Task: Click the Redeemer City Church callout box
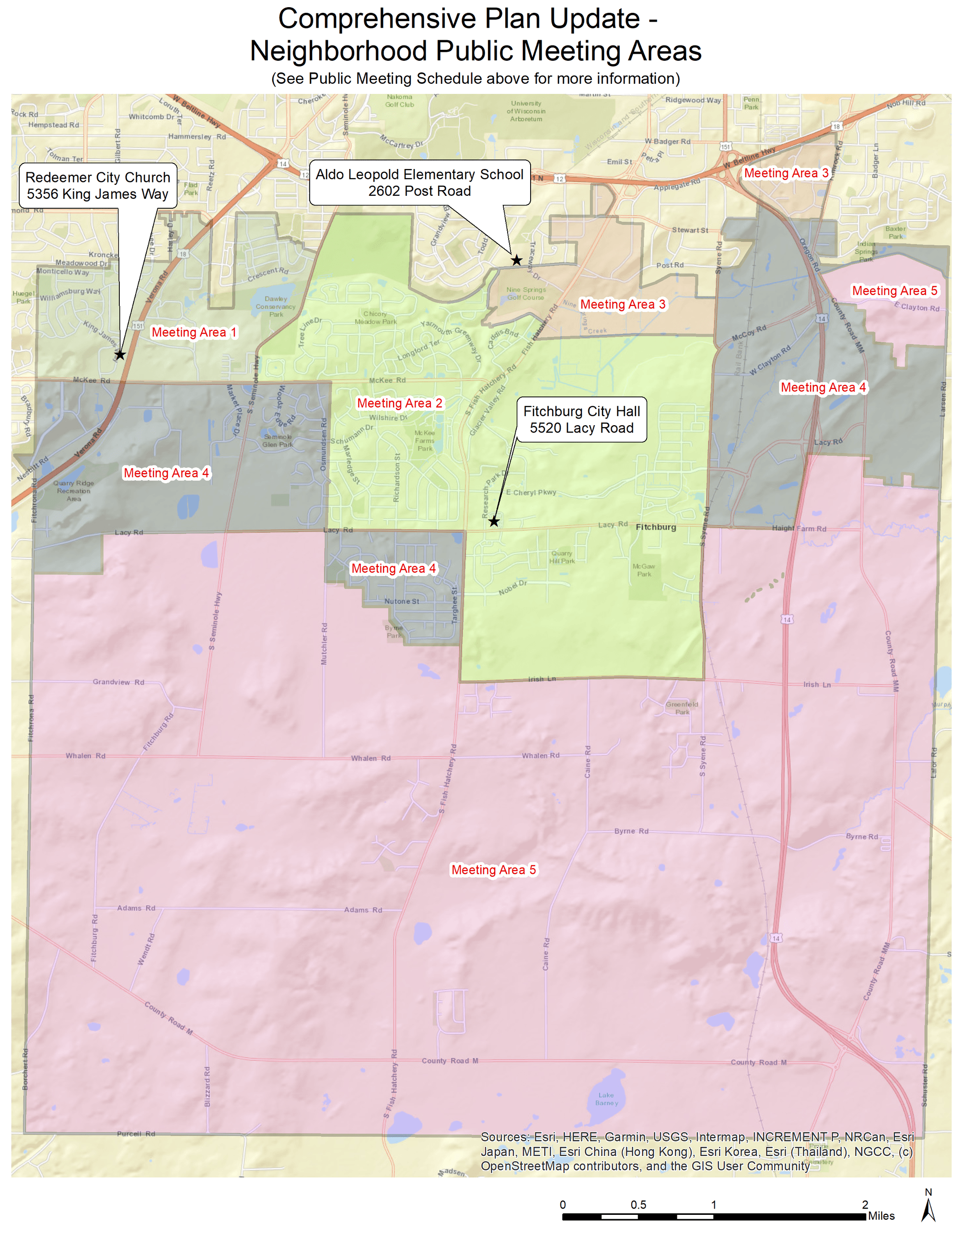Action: click(98, 186)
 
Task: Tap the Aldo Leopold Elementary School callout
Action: click(419, 182)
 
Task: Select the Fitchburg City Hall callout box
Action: click(581, 419)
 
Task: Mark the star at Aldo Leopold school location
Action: click(516, 260)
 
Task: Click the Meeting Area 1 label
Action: click(193, 332)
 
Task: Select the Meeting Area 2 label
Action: click(399, 403)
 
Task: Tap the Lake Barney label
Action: click(606, 1098)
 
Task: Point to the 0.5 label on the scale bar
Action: click(638, 1204)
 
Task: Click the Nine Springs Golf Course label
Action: click(526, 294)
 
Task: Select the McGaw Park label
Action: click(644, 570)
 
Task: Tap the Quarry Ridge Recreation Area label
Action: click(74, 491)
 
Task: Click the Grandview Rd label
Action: click(118, 682)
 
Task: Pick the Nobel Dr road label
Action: click(512, 588)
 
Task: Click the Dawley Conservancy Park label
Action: click(276, 306)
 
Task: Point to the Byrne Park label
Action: click(394, 632)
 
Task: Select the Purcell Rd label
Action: click(136, 1134)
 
